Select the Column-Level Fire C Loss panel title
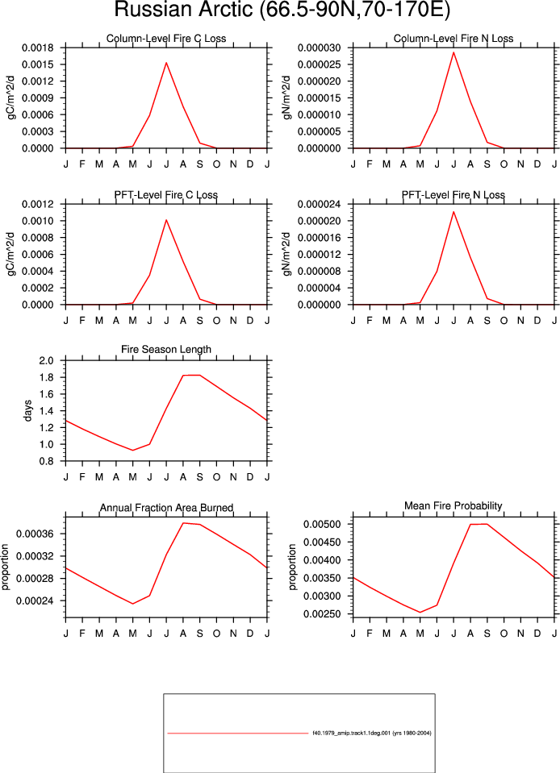[x=166, y=39]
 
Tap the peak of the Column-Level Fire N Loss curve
[x=453, y=52]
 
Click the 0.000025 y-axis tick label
[x=320, y=64]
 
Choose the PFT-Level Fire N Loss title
[x=453, y=195]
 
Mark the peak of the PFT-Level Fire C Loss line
[x=166, y=220]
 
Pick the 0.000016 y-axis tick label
[x=320, y=238]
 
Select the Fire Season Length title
[x=166, y=349]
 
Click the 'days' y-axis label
[x=27, y=410]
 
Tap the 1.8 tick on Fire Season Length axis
[x=46, y=377]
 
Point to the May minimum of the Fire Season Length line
[x=132, y=450]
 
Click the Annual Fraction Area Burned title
[x=166, y=508]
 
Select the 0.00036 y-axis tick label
[x=35, y=534]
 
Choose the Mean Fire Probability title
[x=453, y=506]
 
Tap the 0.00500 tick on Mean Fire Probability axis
[x=322, y=525]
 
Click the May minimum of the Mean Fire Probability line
[x=420, y=613]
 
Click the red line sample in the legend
[x=238, y=734]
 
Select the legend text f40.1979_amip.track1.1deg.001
[x=351, y=733]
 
